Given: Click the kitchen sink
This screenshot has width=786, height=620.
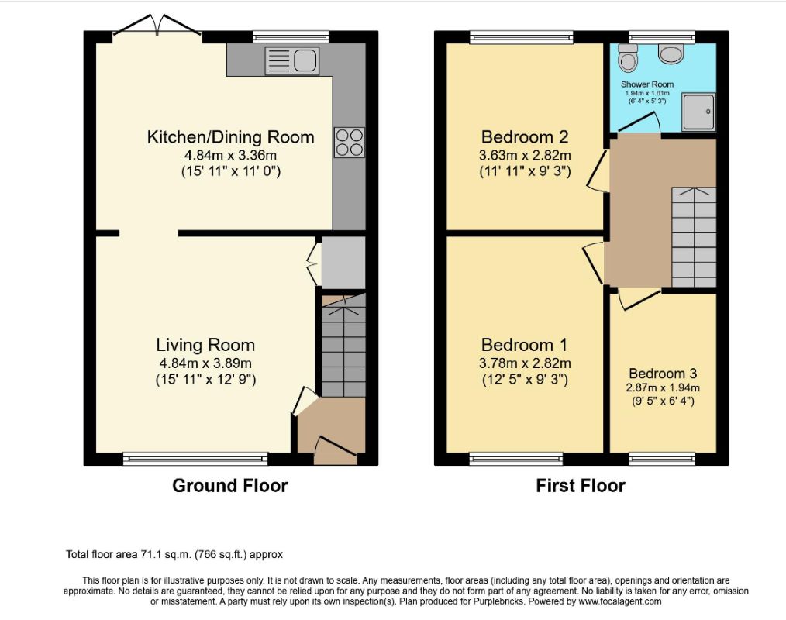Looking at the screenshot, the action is (x=291, y=61).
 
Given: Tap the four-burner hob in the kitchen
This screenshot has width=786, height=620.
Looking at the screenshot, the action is (x=350, y=143).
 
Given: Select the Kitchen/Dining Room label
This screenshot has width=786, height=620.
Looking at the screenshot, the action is (x=230, y=137).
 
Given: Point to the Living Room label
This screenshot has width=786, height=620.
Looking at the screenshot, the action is (x=205, y=345).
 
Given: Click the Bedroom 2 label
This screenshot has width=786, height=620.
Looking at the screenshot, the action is (x=525, y=137).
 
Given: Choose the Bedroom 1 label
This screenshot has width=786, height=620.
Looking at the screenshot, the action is (x=524, y=345).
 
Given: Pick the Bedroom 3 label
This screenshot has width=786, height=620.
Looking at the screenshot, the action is (x=663, y=374).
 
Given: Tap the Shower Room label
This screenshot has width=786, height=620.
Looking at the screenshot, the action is (x=647, y=84).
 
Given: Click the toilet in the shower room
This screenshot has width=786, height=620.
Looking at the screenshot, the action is (x=627, y=57).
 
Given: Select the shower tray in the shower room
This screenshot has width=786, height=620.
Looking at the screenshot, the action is (x=698, y=112).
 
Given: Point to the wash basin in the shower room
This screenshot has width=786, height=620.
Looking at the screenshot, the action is (x=671, y=53).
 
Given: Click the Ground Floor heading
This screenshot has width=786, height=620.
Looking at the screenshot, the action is (x=230, y=486).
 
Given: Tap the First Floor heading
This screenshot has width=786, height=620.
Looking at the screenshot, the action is (x=581, y=486).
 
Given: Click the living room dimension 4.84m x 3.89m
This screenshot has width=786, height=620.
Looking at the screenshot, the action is (x=205, y=363).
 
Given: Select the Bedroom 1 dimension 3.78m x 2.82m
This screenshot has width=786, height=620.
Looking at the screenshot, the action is (x=525, y=363).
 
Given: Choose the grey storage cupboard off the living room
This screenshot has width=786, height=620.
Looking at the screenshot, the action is (x=343, y=263).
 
